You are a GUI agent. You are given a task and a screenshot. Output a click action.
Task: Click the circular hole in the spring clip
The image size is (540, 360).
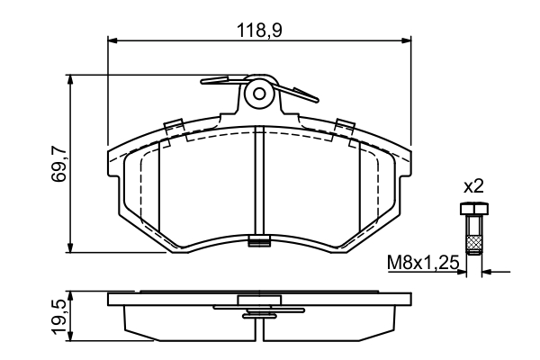(x=259, y=92)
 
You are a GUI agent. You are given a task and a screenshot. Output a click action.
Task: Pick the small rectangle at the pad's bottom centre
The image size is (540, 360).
(x=259, y=240)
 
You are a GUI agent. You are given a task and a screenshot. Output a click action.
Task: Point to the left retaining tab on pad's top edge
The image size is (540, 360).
(x=175, y=125)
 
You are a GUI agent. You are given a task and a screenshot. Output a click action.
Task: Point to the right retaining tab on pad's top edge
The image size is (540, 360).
(x=343, y=125)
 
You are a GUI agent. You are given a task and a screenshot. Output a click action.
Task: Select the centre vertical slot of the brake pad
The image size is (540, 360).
(x=259, y=180)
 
